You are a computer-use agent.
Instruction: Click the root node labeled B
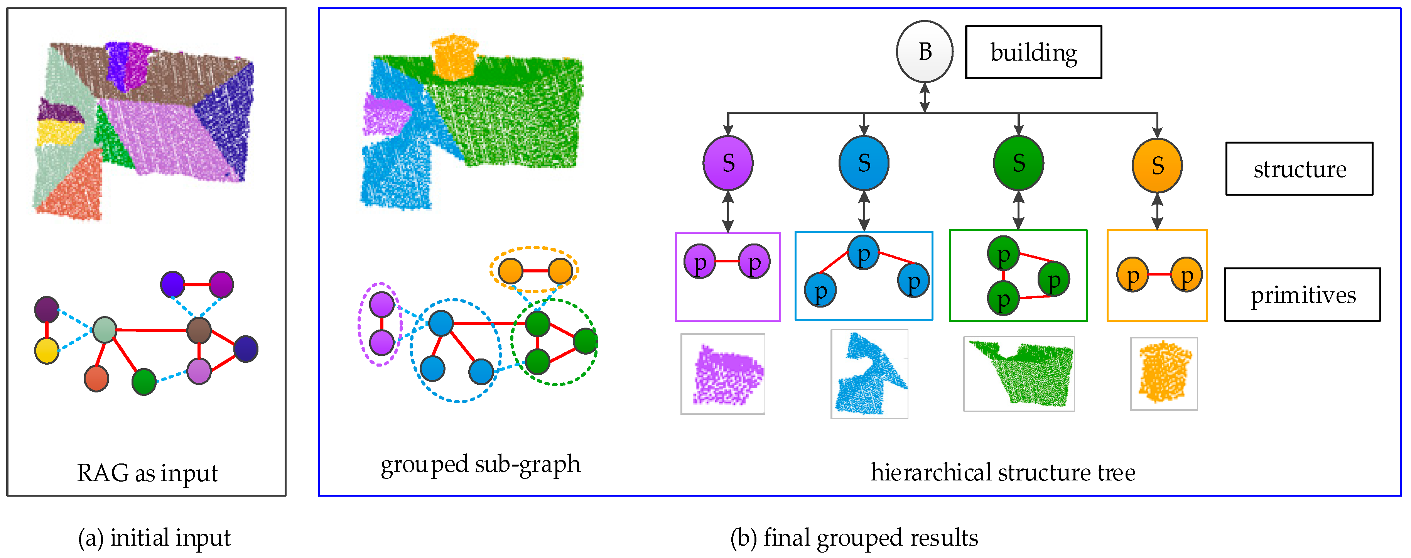click(x=924, y=52)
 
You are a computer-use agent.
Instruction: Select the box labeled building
click(x=1033, y=52)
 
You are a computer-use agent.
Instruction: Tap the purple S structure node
click(x=728, y=163)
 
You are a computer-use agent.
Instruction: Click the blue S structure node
click(x=864, y=163)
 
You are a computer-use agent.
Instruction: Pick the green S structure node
click(x=1018, y=163)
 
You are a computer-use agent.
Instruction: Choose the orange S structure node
click(x=1157, y=165)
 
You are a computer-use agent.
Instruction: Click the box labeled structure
click(x=1299, y=169)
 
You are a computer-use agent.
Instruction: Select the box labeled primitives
click(x=1302, y=295)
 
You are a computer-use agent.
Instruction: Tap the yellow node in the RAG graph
click(x=47, y=351)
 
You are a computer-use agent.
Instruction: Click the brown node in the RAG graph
click(x=199, y=331)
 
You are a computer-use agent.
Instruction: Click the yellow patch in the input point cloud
click(x=59, y=132)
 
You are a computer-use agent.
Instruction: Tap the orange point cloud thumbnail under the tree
click(x=1163, y=374)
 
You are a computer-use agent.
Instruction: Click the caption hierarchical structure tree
click(x=1003, y=472)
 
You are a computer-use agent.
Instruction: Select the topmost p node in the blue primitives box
click(x=863, y=253)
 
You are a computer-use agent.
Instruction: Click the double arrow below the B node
click(x=924, y=97)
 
